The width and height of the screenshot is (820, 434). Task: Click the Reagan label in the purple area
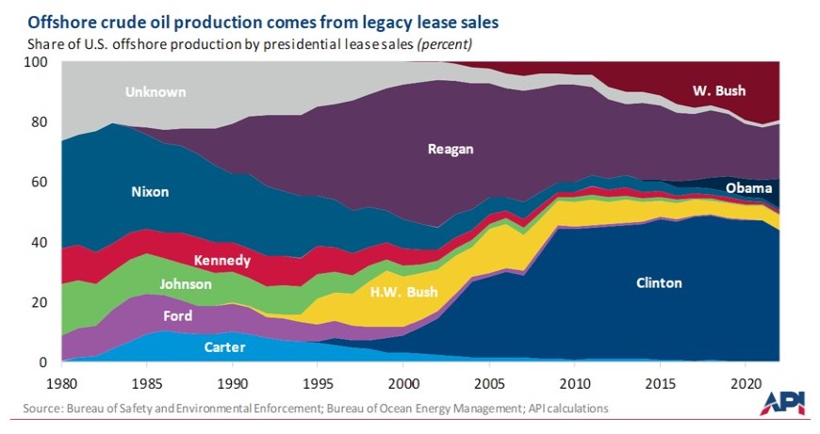point(451,148)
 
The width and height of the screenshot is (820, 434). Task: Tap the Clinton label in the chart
point(658,282)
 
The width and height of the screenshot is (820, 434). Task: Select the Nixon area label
point(149,192)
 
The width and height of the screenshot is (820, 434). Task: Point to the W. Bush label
point(719,91)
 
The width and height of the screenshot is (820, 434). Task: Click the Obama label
point(749,189)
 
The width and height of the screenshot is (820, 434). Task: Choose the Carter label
point(224,347)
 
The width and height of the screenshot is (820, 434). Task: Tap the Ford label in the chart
point(178,316)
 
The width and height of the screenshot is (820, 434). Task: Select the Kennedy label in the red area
point(221,260)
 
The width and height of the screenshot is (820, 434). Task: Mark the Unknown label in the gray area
point(156,92)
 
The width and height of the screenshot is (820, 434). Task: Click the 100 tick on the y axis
point(35,62)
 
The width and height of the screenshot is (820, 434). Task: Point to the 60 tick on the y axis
point(39,182)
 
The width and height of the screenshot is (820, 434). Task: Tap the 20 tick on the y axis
point(39,302)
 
